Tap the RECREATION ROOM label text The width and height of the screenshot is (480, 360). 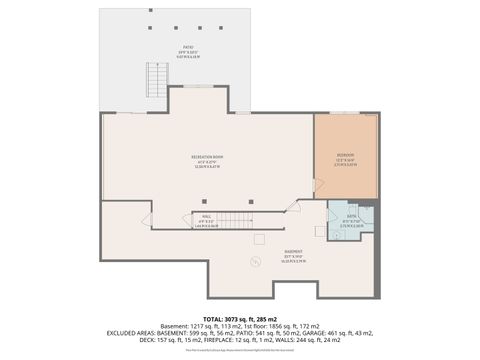(x=206, y=159)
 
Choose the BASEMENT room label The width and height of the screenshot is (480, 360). (x=293, y=252)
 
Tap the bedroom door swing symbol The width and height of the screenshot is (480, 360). (x=320, y=187)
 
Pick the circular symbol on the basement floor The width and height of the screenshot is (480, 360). (x=256, y=261)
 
